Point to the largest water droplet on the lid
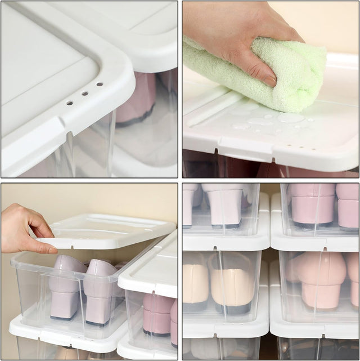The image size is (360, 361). click(x=291, y=117)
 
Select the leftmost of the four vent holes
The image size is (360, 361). click(x=69, y=103)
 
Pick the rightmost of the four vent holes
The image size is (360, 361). click(x=100, y=84)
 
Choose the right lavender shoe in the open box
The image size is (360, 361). click(x=101, y=290)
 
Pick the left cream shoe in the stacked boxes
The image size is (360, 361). click(x=195, y=284)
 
